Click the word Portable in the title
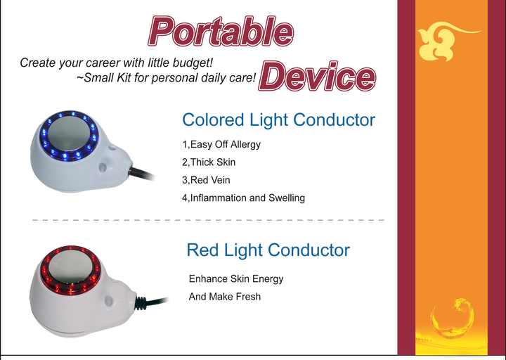click(x=221, y=32)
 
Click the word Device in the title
click(x=317, y=76)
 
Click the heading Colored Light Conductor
click(x=278, y=120)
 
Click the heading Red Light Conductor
click(x=268, y=250)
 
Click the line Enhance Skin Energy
click(x=236, y=279)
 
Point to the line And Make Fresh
click(x=225, y=297)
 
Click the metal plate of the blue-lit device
click(x=69, y=133)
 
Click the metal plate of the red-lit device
click(x=72, y=267)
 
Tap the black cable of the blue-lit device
click(x=141, y=174)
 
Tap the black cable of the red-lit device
click(x=151, y=302)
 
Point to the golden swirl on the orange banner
click(x=453, y=319)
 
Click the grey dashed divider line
click(x=209, y=220)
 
